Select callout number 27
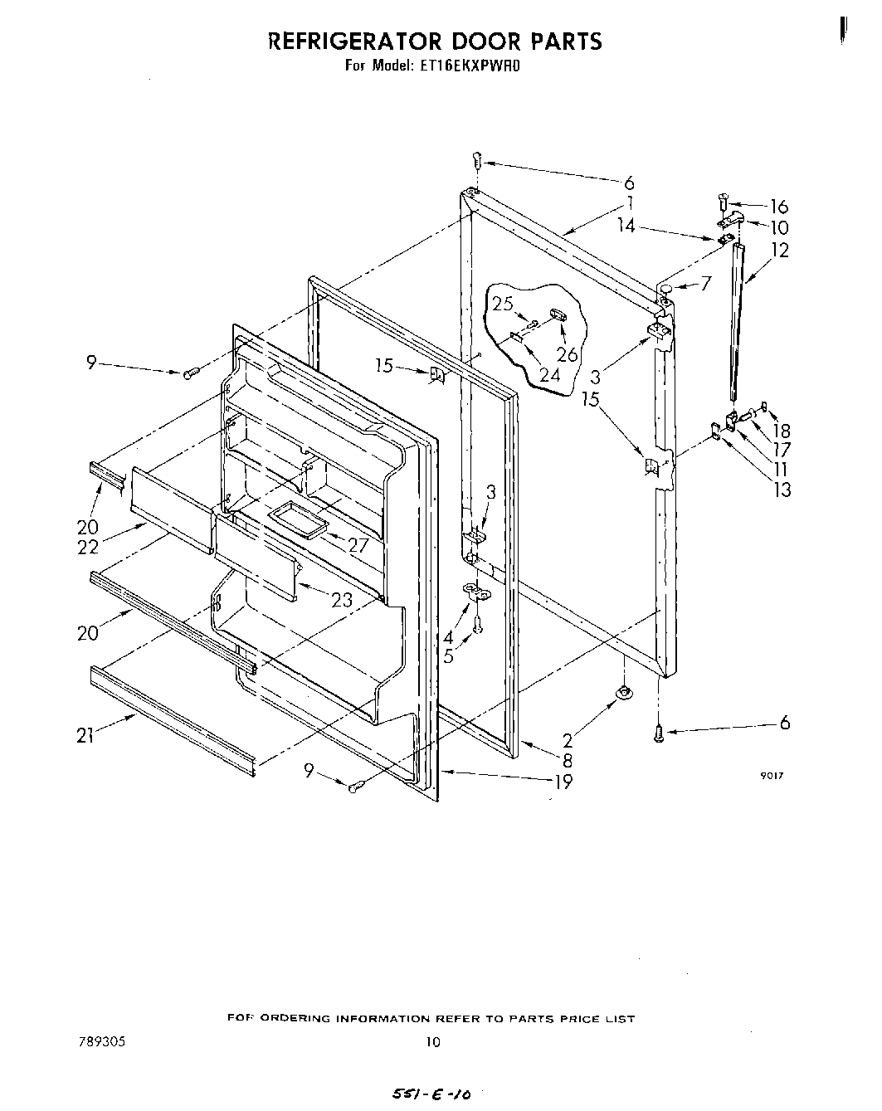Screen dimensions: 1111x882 (x=358, y=545)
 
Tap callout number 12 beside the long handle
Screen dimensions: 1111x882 (x=780, y=249)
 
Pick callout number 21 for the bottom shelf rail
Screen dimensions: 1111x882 (x=85, y=735)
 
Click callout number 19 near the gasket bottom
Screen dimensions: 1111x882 (x=563, y=781)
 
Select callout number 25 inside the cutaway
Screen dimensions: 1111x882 (x=503, y=304)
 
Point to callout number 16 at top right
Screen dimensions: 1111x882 (x=779, y=207)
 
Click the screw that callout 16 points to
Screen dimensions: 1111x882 (x=724, y=200)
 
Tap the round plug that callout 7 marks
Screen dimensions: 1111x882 (x=665, y=287)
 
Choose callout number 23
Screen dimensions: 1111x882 (x=342, y=600)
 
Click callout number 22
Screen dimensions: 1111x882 (x=88, y=547)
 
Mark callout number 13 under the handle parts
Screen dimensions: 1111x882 (x=781, y=490)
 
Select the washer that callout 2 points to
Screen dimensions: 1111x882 (x=621, y=693)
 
